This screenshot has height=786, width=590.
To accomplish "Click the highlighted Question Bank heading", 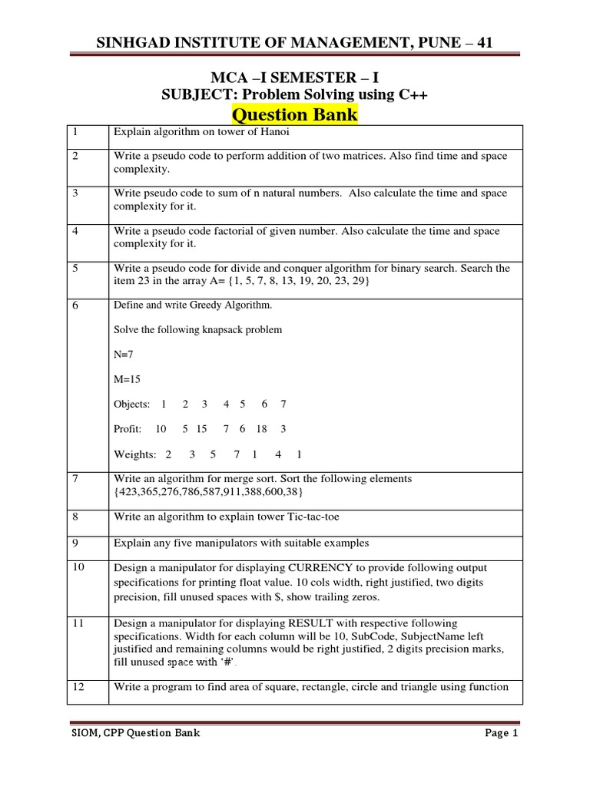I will click(294, 114).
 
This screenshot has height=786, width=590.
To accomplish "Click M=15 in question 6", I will click(128, 379).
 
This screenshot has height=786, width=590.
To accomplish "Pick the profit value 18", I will click(261, 429).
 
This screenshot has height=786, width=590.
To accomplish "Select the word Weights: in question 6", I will click(135, 454).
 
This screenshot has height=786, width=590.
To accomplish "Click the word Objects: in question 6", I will click(131, 404).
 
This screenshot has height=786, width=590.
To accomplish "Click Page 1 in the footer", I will click(502, 734).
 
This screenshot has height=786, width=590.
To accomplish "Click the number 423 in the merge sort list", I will click(127, 492).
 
